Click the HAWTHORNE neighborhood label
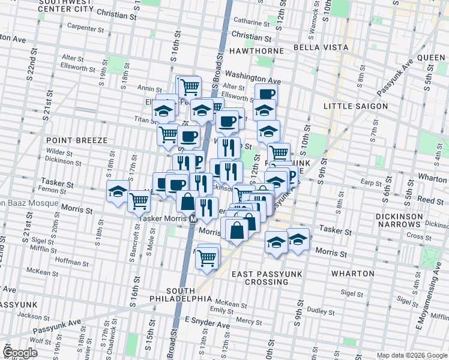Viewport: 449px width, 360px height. click(x=256, y=51)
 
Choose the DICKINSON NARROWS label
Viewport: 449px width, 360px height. click(x=406, y=220)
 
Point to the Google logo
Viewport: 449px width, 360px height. click(x=20, y=352)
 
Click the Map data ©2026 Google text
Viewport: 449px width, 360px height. click(x=411, y=355)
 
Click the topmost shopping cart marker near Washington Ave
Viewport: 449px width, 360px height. click(x=190, y=86)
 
